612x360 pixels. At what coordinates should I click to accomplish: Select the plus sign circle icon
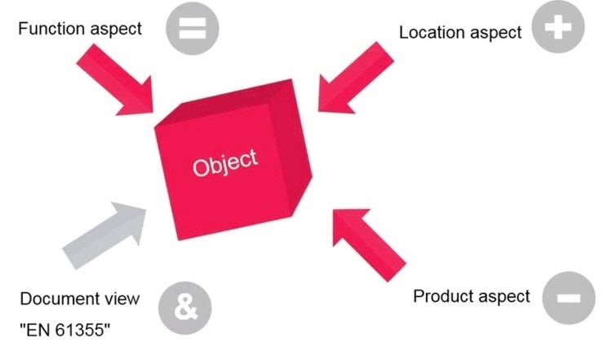pyautogui.click(x=558, y=29)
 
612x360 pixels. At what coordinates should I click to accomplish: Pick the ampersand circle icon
pyautogui.click(x=185, y=309)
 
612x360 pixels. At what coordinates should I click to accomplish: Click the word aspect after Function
pyautogui.click(x=114, y=29)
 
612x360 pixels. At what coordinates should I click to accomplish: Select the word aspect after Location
pyautogui.click(x=494, y=33)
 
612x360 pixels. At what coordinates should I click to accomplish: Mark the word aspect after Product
pyautogui.click(x=503, y=296)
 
